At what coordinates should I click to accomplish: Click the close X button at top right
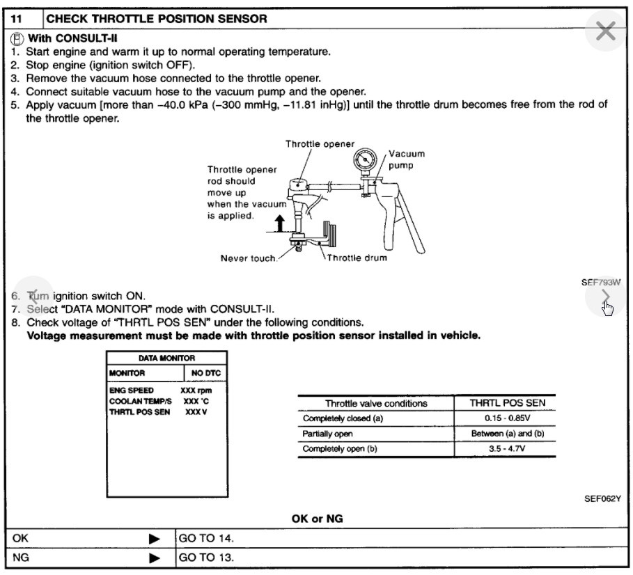[607, 31]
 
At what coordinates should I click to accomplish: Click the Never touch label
[247, 258]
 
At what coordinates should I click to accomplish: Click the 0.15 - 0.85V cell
[502, 418]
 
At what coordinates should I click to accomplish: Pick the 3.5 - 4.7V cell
[502, 448]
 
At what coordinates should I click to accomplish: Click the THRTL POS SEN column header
[501, 402]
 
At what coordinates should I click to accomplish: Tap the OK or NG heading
[318, 519]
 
